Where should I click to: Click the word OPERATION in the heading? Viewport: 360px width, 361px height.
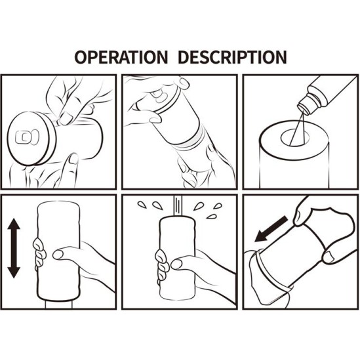[121, 57]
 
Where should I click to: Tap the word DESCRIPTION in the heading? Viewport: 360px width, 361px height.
[232, 57]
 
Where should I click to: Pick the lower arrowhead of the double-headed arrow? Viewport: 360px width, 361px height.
[14, 272]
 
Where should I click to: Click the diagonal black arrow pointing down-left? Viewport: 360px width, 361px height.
[271, 229]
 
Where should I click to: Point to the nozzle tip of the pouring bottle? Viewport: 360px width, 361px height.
[304, 109]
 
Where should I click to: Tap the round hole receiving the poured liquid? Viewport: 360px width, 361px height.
[295, 138]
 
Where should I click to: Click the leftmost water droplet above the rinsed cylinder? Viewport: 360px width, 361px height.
[142, 205]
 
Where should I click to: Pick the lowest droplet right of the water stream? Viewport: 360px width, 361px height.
[211, 217]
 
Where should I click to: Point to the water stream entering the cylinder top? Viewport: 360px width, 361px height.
[178, 205]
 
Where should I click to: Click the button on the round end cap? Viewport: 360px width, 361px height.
[27, 137]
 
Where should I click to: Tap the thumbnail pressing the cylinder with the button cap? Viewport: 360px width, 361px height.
[66, 117]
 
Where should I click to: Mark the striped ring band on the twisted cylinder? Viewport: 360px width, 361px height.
[191, 140]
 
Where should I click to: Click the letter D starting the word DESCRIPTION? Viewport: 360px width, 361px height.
[184, 57]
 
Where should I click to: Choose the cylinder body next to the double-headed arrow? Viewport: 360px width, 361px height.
[58, 251]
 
